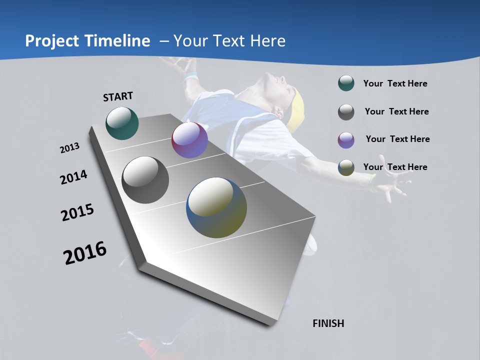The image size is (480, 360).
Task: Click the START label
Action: pyautogui.click(x=118, y=96)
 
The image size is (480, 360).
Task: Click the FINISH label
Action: pyautogui.click(x=328, y=323)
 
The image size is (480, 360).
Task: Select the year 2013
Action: pyautogui.click(x=70, y=148)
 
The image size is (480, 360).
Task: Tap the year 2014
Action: pyautogui.click(x=74, y=177)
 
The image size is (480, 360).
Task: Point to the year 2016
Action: pyautogui.click(x=85, y=252)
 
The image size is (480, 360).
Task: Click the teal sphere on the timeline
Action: pyautogui.click(x=122, y=123)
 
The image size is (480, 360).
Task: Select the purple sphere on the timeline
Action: pyautogui.click(x=189, y=140)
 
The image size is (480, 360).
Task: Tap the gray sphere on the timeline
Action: pyautogui.click(x=145, y=180)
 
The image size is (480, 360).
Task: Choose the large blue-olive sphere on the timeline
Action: pyautogui.click(x=216, y=207)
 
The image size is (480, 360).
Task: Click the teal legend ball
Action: pyautogui.click(x=346, y=83)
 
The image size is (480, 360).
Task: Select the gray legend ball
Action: pyautogui.click(x=346, y=112)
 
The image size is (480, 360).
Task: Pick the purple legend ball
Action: pyautogui.click(x=346, y=140)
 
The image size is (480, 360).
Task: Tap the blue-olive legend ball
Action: pyautogui.click(x=346, y=167)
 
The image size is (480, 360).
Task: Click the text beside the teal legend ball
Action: pyautogui.click(x=395, y=84)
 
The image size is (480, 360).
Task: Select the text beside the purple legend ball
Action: pyautogui.click(x=397, y=139)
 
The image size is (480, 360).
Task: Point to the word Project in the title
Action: pyautogui.click(x=52, y=41)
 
